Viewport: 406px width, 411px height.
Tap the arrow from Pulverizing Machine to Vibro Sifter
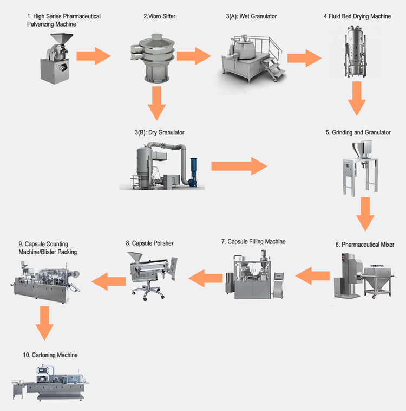coord(93,55)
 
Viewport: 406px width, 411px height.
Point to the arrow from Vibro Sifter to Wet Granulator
coord(193,55)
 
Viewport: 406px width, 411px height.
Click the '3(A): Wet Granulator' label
coord(251,16)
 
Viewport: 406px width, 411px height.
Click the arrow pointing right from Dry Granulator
coord(239,165)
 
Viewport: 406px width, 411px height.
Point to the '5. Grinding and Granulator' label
coord(358,132)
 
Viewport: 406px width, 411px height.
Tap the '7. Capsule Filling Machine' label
coord(253,241)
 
